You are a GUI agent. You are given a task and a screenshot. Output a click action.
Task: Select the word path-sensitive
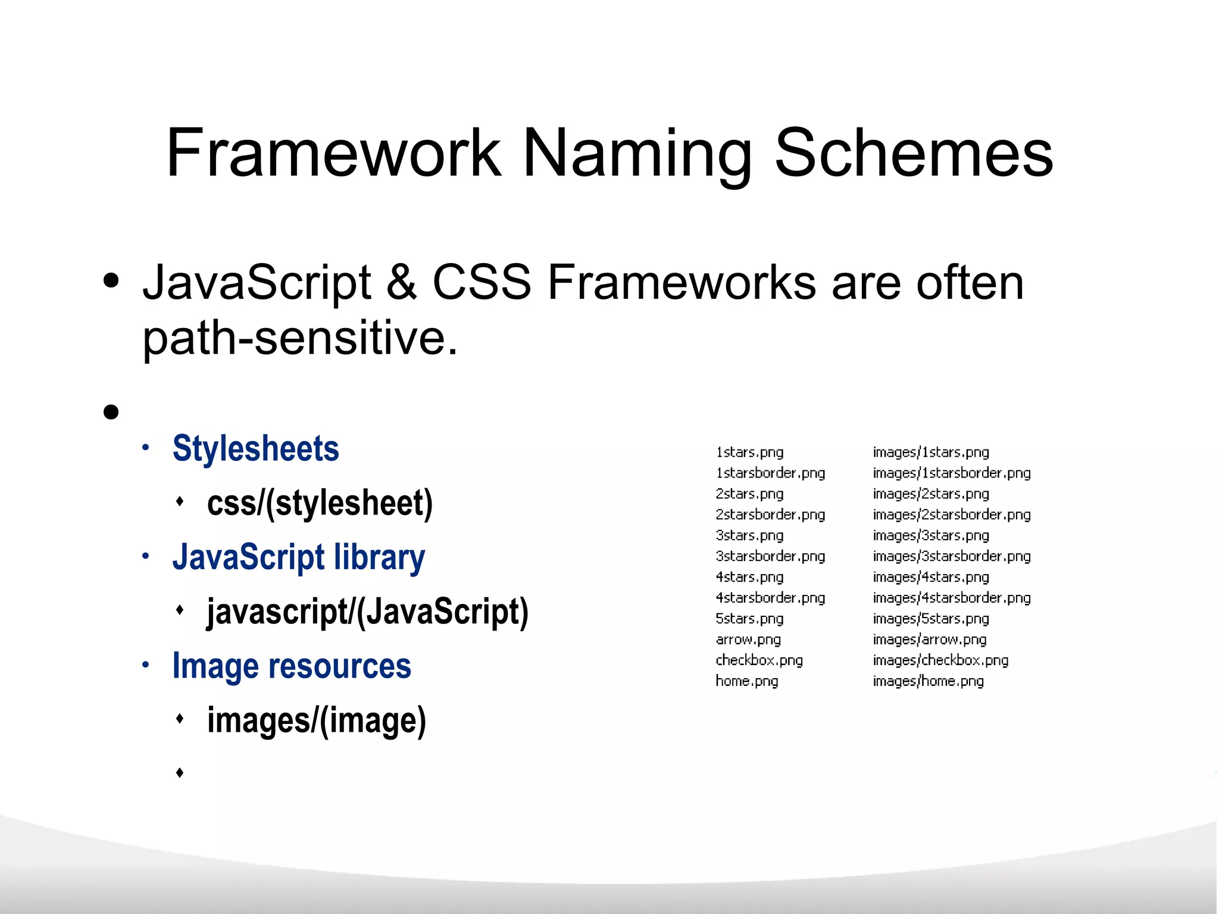300,338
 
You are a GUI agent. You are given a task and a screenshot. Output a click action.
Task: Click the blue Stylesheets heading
255,448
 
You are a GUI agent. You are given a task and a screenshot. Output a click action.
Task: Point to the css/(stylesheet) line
320,503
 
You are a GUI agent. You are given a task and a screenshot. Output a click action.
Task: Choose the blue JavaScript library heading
299,557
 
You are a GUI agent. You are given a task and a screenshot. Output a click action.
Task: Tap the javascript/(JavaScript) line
367,612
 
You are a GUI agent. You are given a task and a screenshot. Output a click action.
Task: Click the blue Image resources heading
292,666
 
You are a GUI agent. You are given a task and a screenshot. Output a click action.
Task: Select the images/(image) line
317,720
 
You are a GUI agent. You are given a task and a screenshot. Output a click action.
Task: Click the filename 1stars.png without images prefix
749,453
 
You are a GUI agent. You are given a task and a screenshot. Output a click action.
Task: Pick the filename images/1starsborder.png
951,473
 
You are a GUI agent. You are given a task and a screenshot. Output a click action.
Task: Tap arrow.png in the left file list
748,640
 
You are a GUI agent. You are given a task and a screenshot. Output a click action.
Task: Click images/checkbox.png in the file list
940,660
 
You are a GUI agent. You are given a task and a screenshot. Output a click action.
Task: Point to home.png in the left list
746,681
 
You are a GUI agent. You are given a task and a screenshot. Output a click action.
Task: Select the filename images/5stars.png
930,619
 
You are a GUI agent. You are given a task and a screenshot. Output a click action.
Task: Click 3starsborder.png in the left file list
770,556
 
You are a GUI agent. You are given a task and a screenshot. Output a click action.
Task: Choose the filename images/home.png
928,681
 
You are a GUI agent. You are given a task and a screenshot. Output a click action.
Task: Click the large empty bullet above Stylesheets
111,411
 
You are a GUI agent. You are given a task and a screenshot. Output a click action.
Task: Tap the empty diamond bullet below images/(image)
180,773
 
